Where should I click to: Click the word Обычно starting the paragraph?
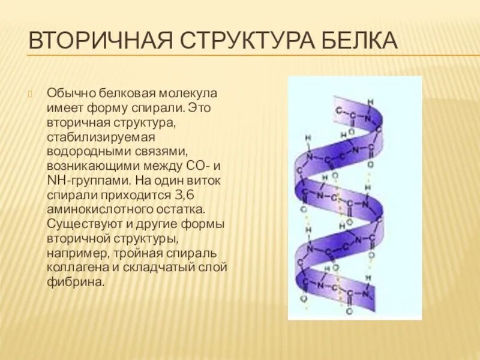click(x=68, y=95)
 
